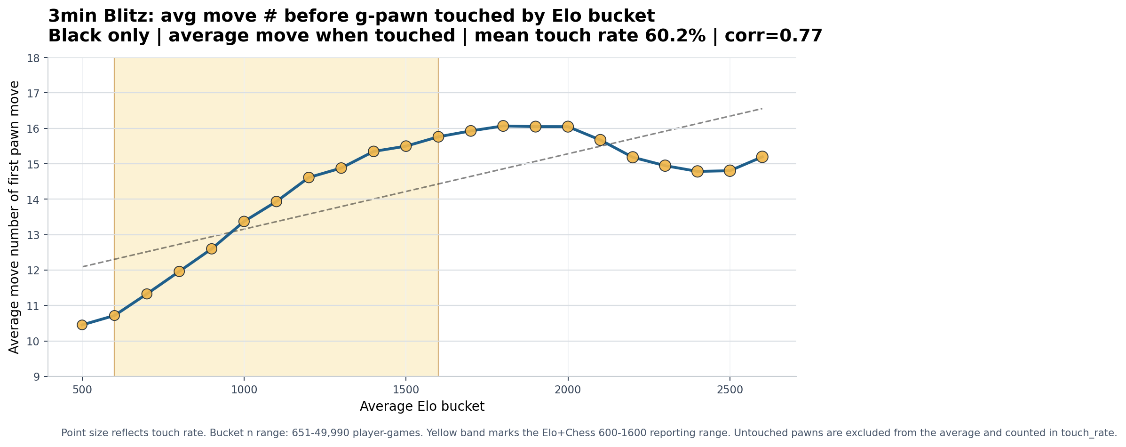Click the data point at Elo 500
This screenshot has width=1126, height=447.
click(82, 325)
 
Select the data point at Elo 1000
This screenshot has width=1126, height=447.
click(244, 222)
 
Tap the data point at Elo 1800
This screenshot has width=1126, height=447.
click(503, 126)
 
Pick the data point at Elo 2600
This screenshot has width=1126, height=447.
click(762, 157)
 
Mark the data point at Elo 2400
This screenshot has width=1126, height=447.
click(698, 171)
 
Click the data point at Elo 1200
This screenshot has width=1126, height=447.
click(309, 177)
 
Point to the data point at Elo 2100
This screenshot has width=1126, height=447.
click(600, 140)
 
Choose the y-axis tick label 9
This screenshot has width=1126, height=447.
click(38, 377)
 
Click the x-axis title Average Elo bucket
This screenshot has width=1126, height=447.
click(422, 407)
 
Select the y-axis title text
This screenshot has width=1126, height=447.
click(15, 217)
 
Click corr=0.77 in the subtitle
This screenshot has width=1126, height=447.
click(773, 36)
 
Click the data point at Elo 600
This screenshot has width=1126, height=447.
click(114, 315)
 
